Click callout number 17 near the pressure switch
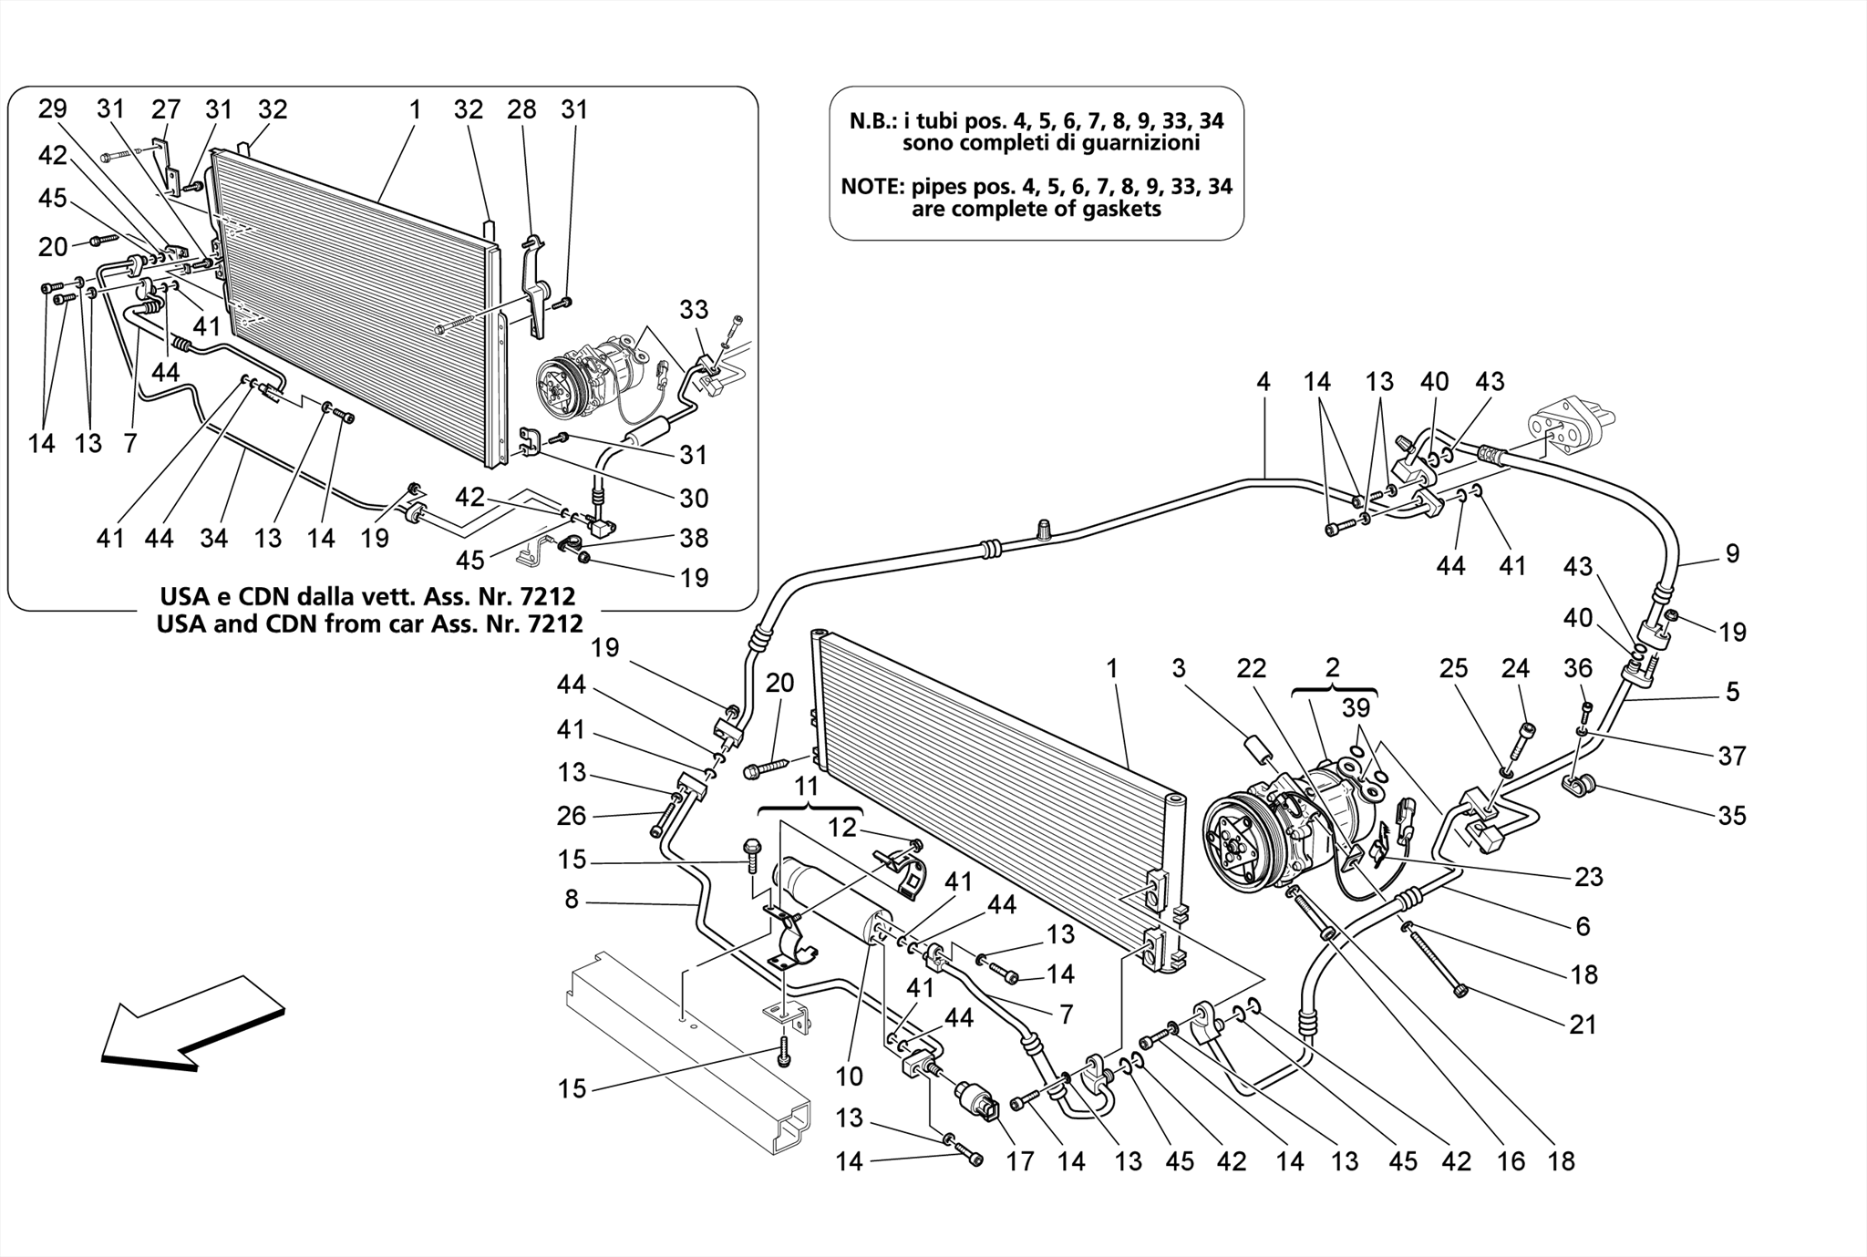point(1019,1160)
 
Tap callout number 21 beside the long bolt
point(1583,1025)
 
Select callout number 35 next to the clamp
point(1731,814)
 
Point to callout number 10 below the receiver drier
point(849,1077)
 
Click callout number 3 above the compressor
point(1179,668)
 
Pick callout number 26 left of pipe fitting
point(572,815)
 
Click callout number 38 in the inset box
point(694,538)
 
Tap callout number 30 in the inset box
point(694,498)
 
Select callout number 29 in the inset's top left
point(52,108)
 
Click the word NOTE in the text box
point(872,187)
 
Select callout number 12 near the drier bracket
point(842,827)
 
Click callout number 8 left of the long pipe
point(572,900)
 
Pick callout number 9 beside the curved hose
point(1732,553)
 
